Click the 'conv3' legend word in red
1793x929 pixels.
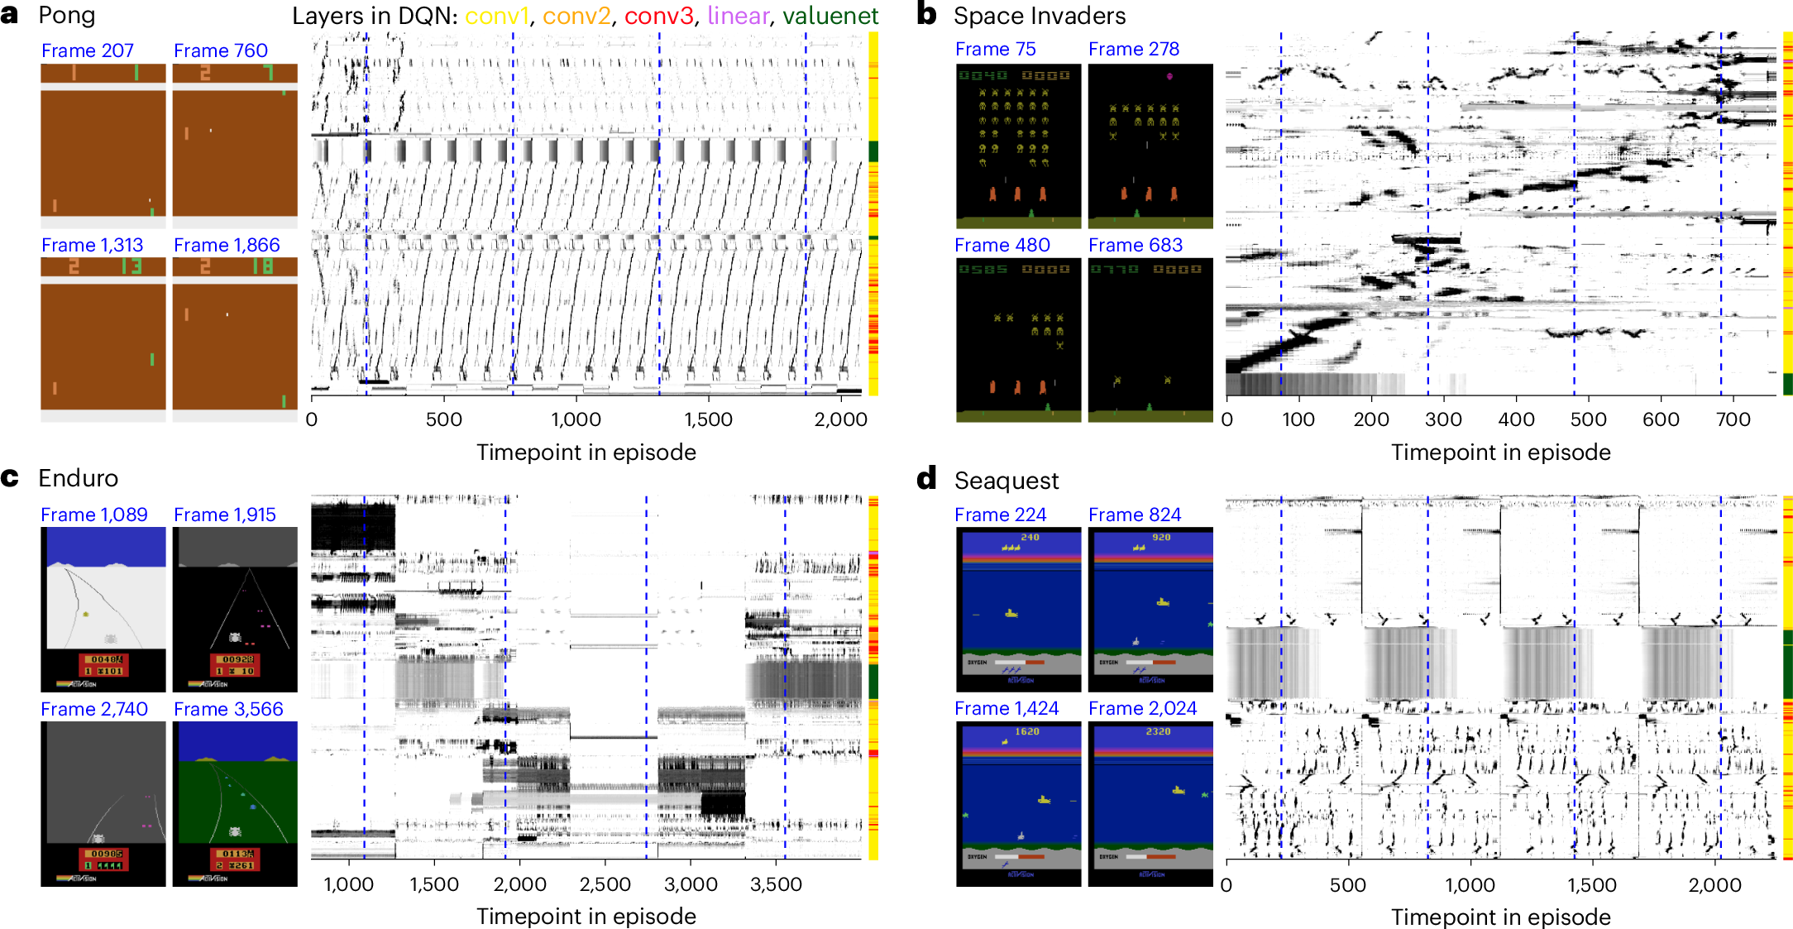coord(658,16)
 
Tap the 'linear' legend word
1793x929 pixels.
coord(738,16)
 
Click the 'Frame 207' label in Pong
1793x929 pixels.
coord(87,50)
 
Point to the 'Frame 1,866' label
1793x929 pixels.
coord(227,245)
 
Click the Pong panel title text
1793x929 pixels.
coord(67,16)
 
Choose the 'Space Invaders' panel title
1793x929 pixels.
coord(1039,16)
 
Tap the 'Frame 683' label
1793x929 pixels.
coord(1135,245)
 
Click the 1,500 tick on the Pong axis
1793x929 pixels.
coord(708,419)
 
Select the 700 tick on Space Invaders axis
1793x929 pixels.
coord(1733,419)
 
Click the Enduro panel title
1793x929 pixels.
coord(78,478)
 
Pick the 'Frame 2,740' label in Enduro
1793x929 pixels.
coord(94,709)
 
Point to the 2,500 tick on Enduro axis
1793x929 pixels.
coord(605,884)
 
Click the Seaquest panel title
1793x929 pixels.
coord(1006,481)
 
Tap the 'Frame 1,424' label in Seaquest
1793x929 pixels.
coord(1006,709)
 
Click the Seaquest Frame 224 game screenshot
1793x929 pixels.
coord(1018,610)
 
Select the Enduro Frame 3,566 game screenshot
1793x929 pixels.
coord(235,804)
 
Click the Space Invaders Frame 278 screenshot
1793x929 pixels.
coord(1150,146)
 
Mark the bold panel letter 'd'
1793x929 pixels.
coord(926,478)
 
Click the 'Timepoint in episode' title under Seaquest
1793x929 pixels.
coord(1500,917)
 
